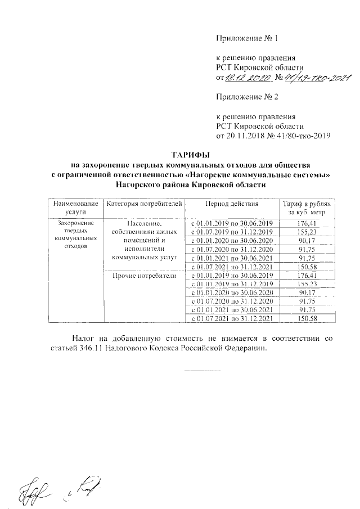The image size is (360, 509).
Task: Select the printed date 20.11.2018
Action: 247,136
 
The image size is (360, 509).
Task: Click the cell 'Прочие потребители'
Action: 145,276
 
